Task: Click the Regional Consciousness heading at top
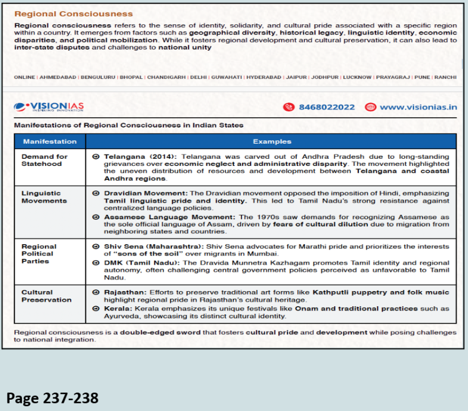click(73, 14)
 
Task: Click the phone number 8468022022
click(326, 107)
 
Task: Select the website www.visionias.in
click(418, 107)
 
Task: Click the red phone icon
click(289, 107)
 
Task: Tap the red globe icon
click(370, 107)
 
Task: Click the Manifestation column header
click(50, 142)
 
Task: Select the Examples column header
click(272, 142)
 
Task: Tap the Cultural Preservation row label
click(46, 296)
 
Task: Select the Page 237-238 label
click(52, 399)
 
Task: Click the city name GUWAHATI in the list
click(226, 77)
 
